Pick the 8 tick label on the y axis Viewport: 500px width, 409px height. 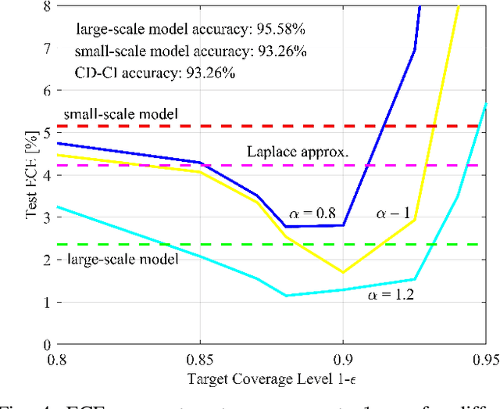(45, 6)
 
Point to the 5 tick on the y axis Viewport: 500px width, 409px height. (45, 133)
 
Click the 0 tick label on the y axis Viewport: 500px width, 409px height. (45, 344)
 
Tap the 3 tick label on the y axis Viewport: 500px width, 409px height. (45, 217)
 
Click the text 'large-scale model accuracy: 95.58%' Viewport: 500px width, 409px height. (187, 30)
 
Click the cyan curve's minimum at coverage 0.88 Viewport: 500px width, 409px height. (287, 296)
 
